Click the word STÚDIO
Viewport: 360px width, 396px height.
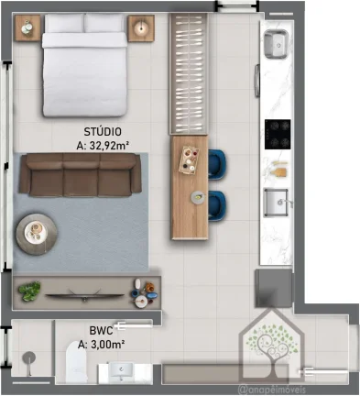coord(103,132)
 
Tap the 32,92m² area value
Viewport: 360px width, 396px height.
coord(108,146)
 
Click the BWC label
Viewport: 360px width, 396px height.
coord(101,330)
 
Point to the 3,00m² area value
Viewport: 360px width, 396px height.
coord(107,345)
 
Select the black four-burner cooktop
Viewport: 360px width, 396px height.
coord(278,135)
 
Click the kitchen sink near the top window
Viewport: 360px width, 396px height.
coord(276,44)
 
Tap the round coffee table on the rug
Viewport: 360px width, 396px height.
coord(37,234)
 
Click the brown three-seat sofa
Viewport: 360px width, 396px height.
coord(81,175)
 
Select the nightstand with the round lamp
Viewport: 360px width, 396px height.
coord(141,28)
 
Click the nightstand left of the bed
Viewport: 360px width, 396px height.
coord(27,27)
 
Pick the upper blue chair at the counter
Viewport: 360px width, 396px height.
coord(217,164)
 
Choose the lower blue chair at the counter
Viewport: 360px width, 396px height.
coord(217,205)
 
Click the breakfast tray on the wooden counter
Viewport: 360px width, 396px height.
coord(189,160)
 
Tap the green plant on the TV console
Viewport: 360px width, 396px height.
coord(29,291)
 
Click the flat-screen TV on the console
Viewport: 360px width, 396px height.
coord(84,295)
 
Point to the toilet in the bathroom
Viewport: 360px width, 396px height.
coord(76,362)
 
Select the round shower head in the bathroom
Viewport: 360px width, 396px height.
coord(29,357)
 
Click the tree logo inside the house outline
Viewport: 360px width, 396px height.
coord(272,346)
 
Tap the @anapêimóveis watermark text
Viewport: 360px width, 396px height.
coord(271,390)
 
